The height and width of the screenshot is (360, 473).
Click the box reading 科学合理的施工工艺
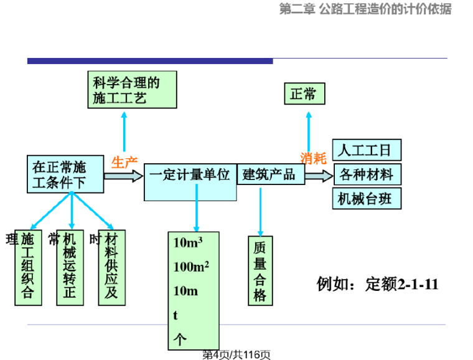click(x=133, y=90)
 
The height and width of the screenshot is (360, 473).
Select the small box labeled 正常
click(x=304, y=94)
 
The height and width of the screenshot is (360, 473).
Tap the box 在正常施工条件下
click(x=65, y=174)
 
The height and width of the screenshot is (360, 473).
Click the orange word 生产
click(x=124, y=163)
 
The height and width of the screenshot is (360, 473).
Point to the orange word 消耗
click(x=313, y=158)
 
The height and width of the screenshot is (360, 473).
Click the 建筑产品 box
click(x=271, y=174)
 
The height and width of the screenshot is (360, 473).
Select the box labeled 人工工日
click(x=367, y=150)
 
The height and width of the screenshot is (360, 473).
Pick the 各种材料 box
click(x=367, y=174)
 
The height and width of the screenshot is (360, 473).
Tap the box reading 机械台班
click(x=367, y=199)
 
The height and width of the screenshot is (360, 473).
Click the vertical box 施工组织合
click(x=28, y=267)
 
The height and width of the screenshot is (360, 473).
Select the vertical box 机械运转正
click(x=70, y=267)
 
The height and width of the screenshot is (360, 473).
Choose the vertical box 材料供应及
click(x=111, y=267)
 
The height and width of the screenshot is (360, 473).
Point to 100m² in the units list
click(x=191, y=267)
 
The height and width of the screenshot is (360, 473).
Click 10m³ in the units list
click(x=187, y=244)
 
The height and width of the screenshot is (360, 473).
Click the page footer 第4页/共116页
click(x=236, y=354)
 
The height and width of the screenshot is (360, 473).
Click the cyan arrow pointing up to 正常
click(x=309, y=131)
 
